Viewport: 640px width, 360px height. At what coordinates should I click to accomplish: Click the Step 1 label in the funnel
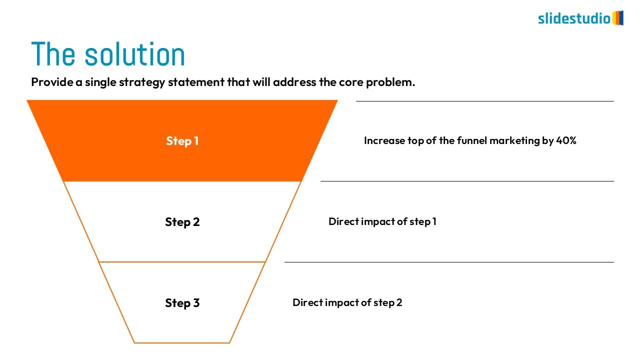coord(182,141)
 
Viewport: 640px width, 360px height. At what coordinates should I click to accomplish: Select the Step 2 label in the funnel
coord(182,222)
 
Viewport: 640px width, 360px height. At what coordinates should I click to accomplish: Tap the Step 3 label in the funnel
coord(182,303)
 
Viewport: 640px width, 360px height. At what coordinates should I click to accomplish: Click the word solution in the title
coord(135,54)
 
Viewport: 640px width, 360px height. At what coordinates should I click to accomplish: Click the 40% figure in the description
coord(566,141)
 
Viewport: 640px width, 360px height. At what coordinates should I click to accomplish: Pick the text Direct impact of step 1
coord(382,221)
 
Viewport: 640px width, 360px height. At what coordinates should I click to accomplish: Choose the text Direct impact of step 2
coord(347,302)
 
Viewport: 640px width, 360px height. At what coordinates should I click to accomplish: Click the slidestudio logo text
coord(574,19)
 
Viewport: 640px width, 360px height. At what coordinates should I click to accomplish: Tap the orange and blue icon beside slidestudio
coord(618,18)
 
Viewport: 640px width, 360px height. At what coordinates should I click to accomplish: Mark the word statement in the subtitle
coord(195,82)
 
